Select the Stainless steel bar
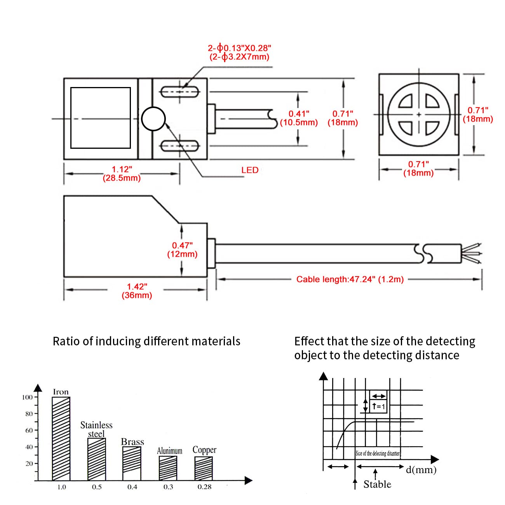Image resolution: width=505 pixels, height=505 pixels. pos(96,459)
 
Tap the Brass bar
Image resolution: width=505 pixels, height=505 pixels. pos(132,463)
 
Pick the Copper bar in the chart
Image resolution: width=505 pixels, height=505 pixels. pos(204,468)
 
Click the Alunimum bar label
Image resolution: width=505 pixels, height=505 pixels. pos(169,451)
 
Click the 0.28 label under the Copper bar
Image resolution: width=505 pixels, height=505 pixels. pos(204,487)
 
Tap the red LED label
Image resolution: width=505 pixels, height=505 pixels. pos(250,170)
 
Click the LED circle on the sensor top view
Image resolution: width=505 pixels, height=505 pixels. pos(153,119)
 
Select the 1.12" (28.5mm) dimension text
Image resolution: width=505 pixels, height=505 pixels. pos(122,174)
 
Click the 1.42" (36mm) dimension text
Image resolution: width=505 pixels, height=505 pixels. pos(137,291)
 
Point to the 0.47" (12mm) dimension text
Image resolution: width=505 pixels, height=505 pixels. pos(182,250)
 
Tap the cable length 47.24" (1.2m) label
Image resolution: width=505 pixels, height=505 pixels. pos(350,279)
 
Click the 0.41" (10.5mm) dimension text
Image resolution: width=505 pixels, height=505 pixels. pos(299,118)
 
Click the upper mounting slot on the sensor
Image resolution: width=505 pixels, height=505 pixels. pos(180,92)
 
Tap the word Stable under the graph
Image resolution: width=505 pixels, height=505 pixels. pos(377,484)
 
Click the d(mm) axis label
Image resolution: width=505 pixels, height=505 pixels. pos(421,470)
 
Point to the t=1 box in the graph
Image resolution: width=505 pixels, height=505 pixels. pos(378,406)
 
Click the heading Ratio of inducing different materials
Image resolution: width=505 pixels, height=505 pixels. pos(146,341)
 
